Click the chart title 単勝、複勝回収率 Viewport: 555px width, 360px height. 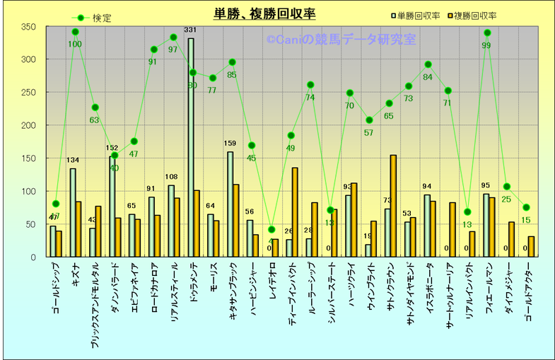[264, 13]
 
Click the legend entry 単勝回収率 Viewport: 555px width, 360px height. [418, 15]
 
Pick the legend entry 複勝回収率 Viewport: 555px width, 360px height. [474, 15]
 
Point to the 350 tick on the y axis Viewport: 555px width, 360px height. [29, 27]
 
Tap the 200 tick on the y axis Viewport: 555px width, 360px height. [29, 125]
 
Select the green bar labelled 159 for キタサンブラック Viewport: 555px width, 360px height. [230, 204]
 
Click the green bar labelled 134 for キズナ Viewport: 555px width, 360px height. [73, 212]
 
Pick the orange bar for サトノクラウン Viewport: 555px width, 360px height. [393, 206]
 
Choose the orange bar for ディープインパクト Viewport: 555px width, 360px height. [295, 212]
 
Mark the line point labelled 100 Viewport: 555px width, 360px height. [76, 32]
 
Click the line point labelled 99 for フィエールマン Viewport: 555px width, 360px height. [487, 33]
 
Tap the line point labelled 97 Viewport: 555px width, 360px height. [174, 37]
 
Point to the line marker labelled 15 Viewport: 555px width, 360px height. [527, 207]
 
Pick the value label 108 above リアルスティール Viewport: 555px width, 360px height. [170, 177]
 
